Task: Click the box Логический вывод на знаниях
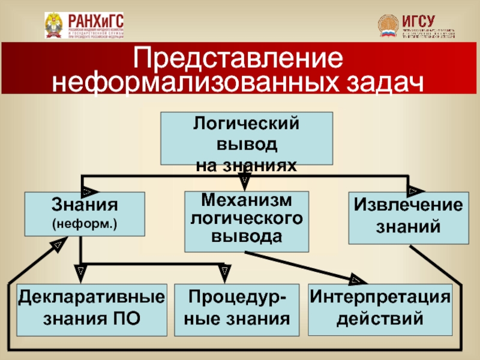click(246, 138)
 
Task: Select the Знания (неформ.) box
click(84, 213)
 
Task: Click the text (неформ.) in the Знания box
click(84, 224)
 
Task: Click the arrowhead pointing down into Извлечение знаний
click(413, 190)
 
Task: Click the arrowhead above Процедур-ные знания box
click(224, 274)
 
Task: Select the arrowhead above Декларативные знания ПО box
click(80, 274)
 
